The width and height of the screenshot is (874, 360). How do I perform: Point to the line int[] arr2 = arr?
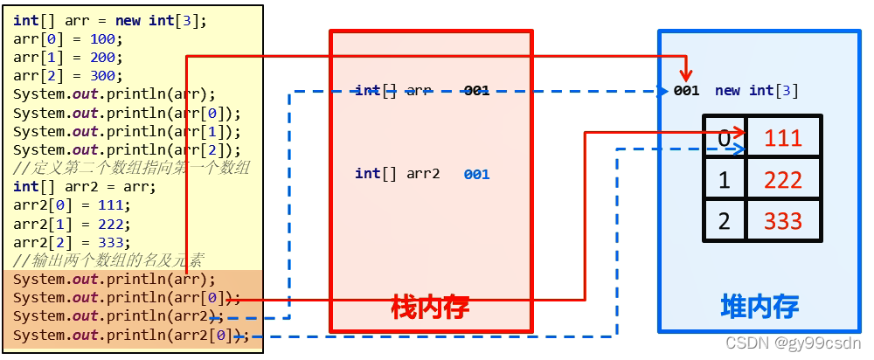pyautogui.click(x=84, y=186)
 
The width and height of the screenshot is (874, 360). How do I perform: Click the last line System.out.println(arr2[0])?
pyautogui.click(x=131, y=335)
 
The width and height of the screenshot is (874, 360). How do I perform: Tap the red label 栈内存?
pyautogui.click(x=430, y=307)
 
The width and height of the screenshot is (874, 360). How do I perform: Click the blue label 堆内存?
pyautogui.click(x=760, y=306)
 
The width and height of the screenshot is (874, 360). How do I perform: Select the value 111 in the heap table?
pyautogui.click(x=782, y=137)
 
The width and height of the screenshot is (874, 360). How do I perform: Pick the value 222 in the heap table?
pyautogui.click(x=782, y=179)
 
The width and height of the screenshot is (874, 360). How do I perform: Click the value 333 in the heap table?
pyautogui.click(x=782, y=220)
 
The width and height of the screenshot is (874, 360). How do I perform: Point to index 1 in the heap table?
pyautogui.click(x=724, y=179)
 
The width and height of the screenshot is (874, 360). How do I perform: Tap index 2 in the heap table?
pyautogui.click(x=724, y=220)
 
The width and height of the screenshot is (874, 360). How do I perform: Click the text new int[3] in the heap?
pyautogui.click(x=756, y=91)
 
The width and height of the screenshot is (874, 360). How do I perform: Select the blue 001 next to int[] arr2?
pyautogui.click(x=476, y=175)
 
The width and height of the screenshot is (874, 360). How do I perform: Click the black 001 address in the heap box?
pyautogui.click(x=686, y=91)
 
